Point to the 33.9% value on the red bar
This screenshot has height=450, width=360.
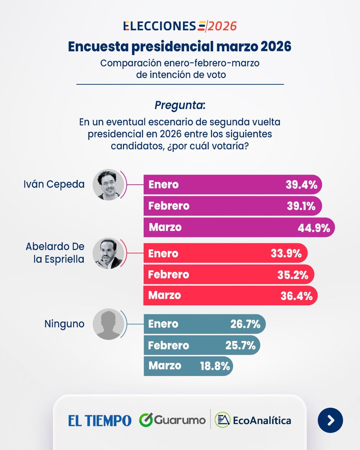(x=286, y=253)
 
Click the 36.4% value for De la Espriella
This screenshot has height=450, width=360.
(x=296, y=295)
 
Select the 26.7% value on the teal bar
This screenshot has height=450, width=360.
(x=245, y=324)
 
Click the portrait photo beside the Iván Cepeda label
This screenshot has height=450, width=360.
(x=109, y=184)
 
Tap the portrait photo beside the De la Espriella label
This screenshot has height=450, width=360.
(x=109, y=253)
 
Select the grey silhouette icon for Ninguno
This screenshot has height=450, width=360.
(x=109, y=324)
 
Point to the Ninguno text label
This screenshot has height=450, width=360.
(x=64, y=324)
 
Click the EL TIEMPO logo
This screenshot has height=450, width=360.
(x=100, y=420)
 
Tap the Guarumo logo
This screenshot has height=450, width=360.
(x=172, y=420)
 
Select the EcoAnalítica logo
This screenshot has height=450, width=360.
(x=253, y=420)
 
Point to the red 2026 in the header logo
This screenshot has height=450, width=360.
(x=223, y=26)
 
